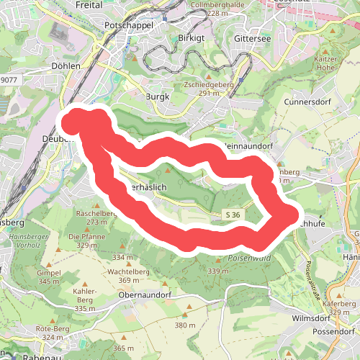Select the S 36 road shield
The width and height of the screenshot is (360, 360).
232,215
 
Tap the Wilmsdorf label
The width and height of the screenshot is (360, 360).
311,318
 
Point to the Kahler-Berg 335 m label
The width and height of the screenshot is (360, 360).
84,303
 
